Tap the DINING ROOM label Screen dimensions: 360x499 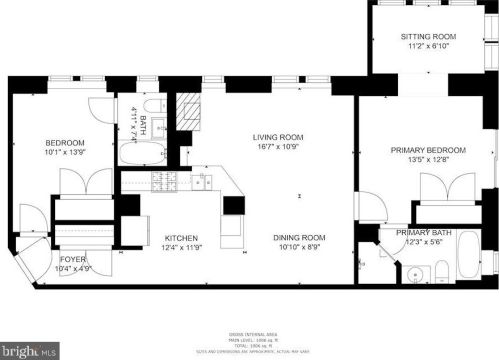pyautogui.click(x=300, y=237)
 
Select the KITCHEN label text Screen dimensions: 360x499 pyautogui.click(x=184, y=237)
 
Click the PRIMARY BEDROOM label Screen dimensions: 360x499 pyautogui.click(x=419, y=150)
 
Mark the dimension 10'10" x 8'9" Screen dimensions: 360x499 pyautogui.click(x=300, y=247)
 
